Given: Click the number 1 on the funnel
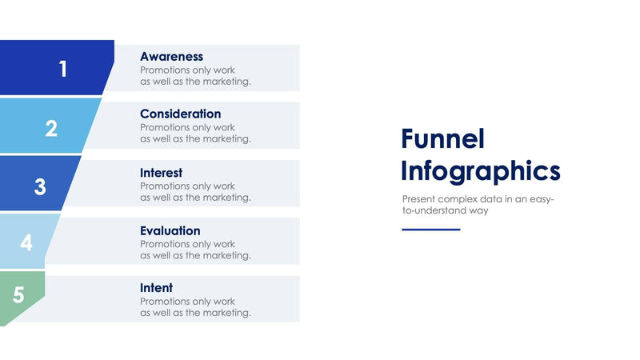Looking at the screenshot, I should [62, 70].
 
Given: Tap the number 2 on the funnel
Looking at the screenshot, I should [51, 128].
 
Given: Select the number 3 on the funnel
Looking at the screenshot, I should [40, 187].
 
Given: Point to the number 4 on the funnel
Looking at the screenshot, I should [26, 243].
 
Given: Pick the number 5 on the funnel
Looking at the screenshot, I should [18, 296].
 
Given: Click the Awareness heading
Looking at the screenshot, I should [171, 57].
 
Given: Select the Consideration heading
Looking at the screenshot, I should [180, 114].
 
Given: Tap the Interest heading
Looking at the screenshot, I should [161, 173].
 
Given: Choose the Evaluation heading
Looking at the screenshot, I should [170, 231].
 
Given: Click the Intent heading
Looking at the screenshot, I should [156, 288].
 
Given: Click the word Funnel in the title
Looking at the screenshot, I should [442, 139].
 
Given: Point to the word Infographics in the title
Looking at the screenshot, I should [480, 171].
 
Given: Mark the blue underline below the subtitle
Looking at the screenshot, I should [430, 230].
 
